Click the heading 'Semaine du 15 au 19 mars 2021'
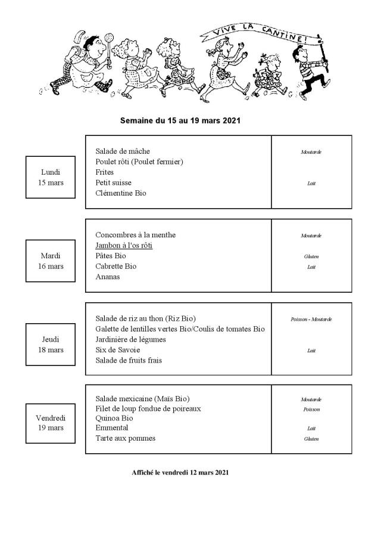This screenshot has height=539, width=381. (x=180, y=120)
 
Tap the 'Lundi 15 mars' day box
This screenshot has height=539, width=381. (x=51, y=177)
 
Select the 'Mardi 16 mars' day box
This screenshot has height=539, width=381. (x=51, y=261)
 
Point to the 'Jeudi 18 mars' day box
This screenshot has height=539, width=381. (x=51, y=344)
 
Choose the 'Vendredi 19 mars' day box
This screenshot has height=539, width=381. (x=51, y=423)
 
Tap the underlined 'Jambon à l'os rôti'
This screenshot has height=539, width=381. (x=124, y=246)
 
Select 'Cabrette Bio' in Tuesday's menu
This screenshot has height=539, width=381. (x=115, y=267)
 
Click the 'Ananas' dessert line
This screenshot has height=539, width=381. (x=108, y=277)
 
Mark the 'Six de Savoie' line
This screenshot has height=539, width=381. (x=117, y=350)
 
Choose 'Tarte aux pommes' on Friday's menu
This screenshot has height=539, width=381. (x=125, y=438)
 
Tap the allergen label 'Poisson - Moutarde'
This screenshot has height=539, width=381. (x=311, y=319)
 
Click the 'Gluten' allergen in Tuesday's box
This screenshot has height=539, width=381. (x=311, y=256)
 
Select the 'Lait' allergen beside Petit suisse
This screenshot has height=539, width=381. (x=311, y=183)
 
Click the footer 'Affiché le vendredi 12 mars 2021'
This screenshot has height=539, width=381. (x=180, y=472)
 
